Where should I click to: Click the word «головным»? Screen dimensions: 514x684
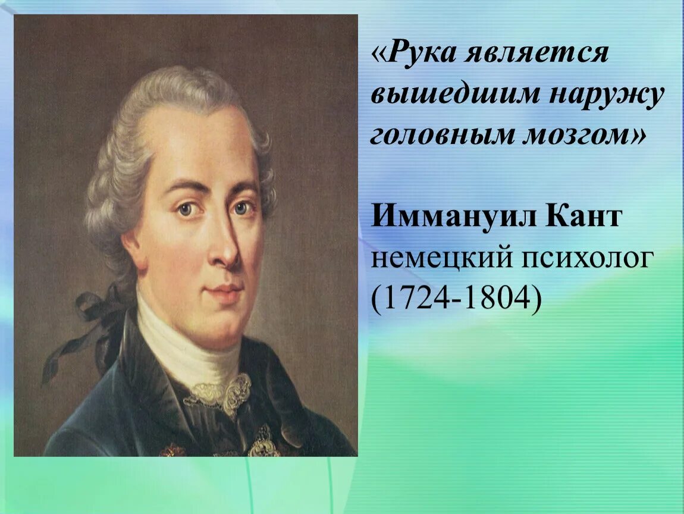coord(440,136)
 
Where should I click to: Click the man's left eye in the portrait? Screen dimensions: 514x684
coord(243,208)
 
